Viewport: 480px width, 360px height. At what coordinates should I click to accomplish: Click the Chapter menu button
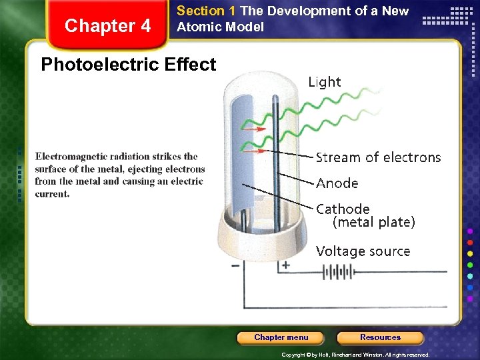click(281, 337)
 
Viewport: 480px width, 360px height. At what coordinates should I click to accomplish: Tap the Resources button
click(380, 337)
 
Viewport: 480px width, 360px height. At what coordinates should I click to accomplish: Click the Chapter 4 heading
click(107, 26)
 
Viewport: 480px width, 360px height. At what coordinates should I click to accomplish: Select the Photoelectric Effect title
click(129, 65)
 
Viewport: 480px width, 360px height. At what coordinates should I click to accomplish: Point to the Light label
click(325, 82)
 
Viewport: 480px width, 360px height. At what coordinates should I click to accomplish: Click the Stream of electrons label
click(378, 157)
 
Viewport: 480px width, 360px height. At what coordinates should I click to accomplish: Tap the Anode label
click(337, 183)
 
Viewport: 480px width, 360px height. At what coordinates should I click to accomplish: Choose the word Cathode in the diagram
click(343, 209)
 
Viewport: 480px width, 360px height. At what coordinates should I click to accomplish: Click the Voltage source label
click(363, 251)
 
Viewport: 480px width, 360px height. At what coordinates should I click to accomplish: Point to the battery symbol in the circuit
click(337, 272)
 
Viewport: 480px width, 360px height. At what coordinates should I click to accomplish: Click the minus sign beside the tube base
click(235, 265)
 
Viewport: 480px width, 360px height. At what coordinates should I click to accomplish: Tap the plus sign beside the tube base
click(285, 265)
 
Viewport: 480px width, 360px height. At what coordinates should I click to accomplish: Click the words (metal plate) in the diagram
click(373, 222)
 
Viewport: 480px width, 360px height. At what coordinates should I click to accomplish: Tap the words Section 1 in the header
click(206, 11)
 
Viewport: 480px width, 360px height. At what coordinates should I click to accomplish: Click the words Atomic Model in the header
click(220, 27)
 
